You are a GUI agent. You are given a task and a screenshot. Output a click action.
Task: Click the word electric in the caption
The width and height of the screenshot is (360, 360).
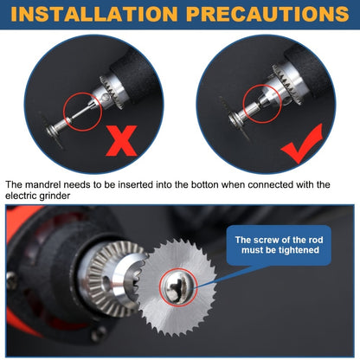coord(23,197)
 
